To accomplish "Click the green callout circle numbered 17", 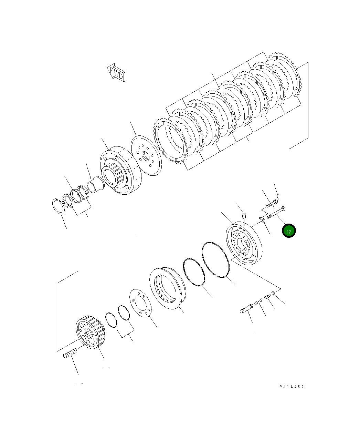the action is pos(288,231).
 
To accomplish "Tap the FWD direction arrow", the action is pos(116,73).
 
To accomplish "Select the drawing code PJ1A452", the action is pos(292,387).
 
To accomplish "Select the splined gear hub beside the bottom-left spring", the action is pos(90,332).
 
